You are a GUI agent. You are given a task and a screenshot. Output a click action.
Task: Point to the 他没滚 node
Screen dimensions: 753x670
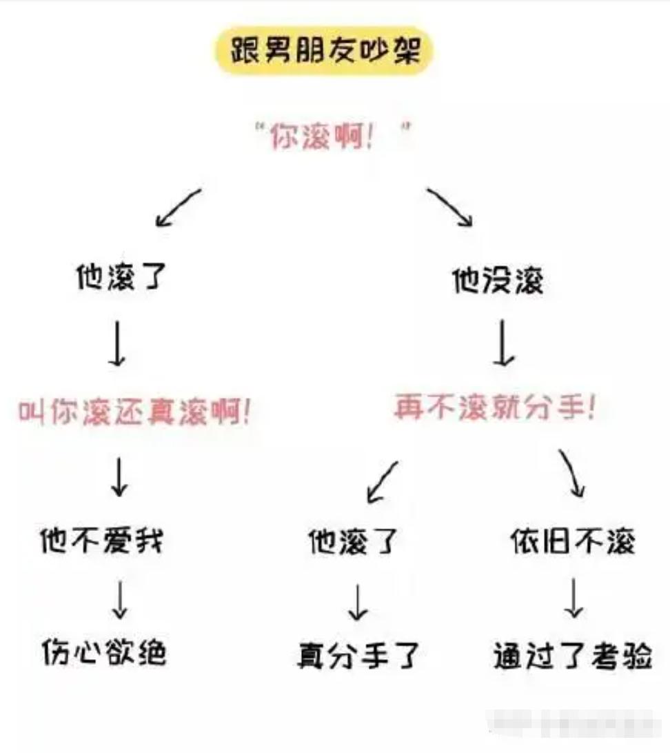pyautogui.click(x=498, y=281)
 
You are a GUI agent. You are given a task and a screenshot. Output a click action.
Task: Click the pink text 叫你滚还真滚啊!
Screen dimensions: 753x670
pyautogui.click(x=134, y=412)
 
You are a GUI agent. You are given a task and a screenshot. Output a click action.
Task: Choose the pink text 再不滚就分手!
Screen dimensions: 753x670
pyautogui.click(x=494, y=407)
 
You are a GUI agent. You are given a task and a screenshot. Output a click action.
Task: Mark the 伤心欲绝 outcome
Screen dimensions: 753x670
pyautogui.click(x=103, y=650)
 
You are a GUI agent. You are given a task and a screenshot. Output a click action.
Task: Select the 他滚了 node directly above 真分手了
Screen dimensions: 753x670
pyautogui.click(x=353, y=542)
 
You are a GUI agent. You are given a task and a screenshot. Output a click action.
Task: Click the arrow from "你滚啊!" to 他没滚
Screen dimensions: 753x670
pyautogui.click(x=450, y=206)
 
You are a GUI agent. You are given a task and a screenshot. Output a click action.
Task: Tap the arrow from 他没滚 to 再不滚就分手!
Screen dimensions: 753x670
pyautogui.click(x=505, y=342)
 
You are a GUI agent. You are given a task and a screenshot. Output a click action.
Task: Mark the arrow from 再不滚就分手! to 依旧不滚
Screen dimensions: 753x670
pyautogui.click(x=572, y=474)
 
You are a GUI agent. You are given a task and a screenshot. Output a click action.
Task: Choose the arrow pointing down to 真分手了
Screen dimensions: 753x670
pyautogui.click(x=357, y=602)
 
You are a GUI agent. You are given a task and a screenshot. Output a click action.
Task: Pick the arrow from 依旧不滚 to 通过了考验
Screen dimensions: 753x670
pyautogui.click(x=573, y=599)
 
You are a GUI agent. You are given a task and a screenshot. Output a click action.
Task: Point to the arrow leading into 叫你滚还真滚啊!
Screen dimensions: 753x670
pyautogui.click(x=119, y=342)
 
